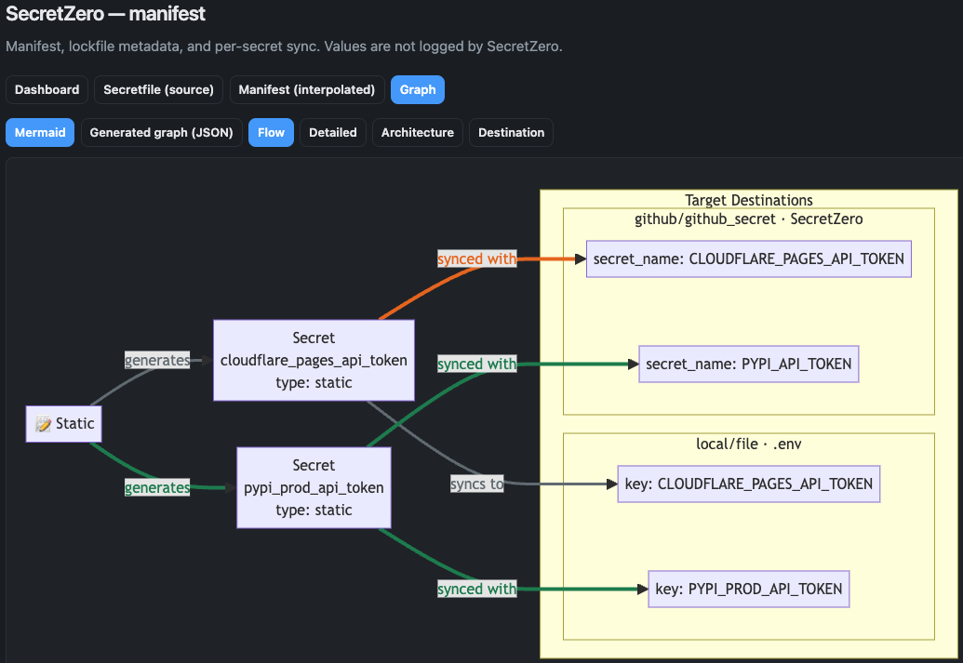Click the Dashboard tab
pyautogui.click(x=47, y=90)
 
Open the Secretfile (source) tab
pyautogui.click(x=158, y=90)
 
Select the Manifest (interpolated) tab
pyautogui.click(x=306, y=90)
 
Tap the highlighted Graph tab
pyautogui.click(x=418, y=90)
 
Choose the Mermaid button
pyautogui.click(x=40, y=133)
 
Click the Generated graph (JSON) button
pyautogui.click(x=161, y=133)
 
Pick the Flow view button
pyautogui.click(x=271, y=133)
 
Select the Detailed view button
pyautogui.click(x=332, y=133)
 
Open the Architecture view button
pyautogui.click(x=417, y=133)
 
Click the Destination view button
pyautogui.click(x=511, y=133)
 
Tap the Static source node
pyautogui.click(x=64, y=424)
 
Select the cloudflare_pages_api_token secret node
pyautogui.click(x=314, y=360)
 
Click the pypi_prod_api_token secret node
pyautogui.click(x=314, y=487)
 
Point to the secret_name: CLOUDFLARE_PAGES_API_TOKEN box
pyautogui.click(x=748, y=259)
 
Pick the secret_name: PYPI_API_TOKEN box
pyautogui.click(x=748, y=364)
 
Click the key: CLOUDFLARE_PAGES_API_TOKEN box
pyautogui.click(x=749, y=484)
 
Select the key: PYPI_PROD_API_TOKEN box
pyautogui.click(x=749, y=589)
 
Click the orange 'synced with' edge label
pyautogui.click(x=476, y=259)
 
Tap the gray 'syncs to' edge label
pyautogui.click(x=476, y=484)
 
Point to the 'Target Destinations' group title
pyautogui.click(x=748, y=200)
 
